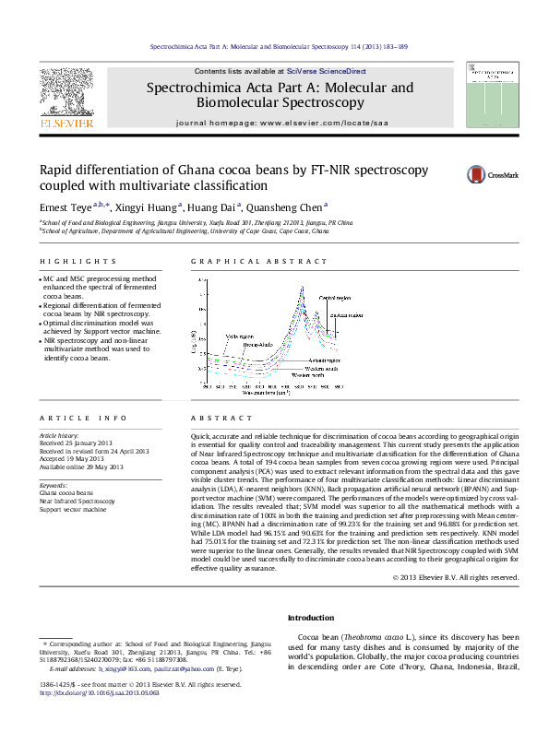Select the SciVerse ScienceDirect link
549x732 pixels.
pos(327,71)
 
